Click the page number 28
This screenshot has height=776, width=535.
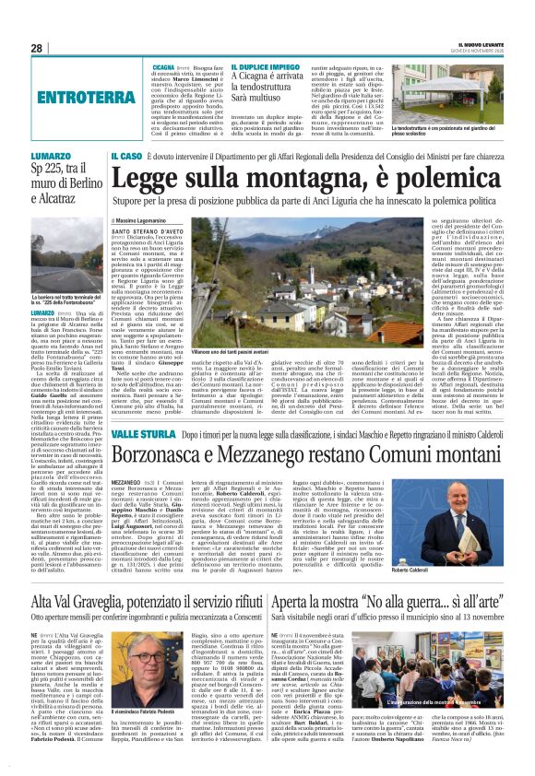click(36, 47)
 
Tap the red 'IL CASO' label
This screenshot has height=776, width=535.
click(127, 157)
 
